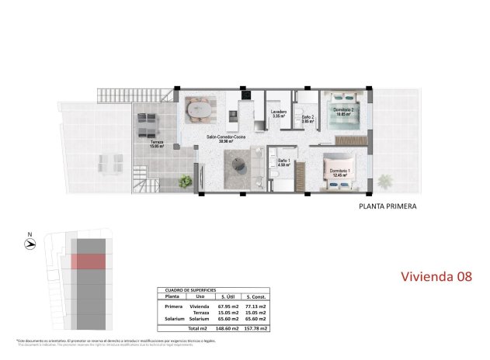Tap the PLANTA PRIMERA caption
(x=387, y=207)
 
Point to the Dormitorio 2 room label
(x=343, y=112)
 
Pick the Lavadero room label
(x=280, y=114)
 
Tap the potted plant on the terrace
(x=186, y=182)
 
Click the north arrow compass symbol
(x=30, y=243)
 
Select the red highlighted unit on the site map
(x=92, y=261)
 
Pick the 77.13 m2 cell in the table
(x=255, y=306)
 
